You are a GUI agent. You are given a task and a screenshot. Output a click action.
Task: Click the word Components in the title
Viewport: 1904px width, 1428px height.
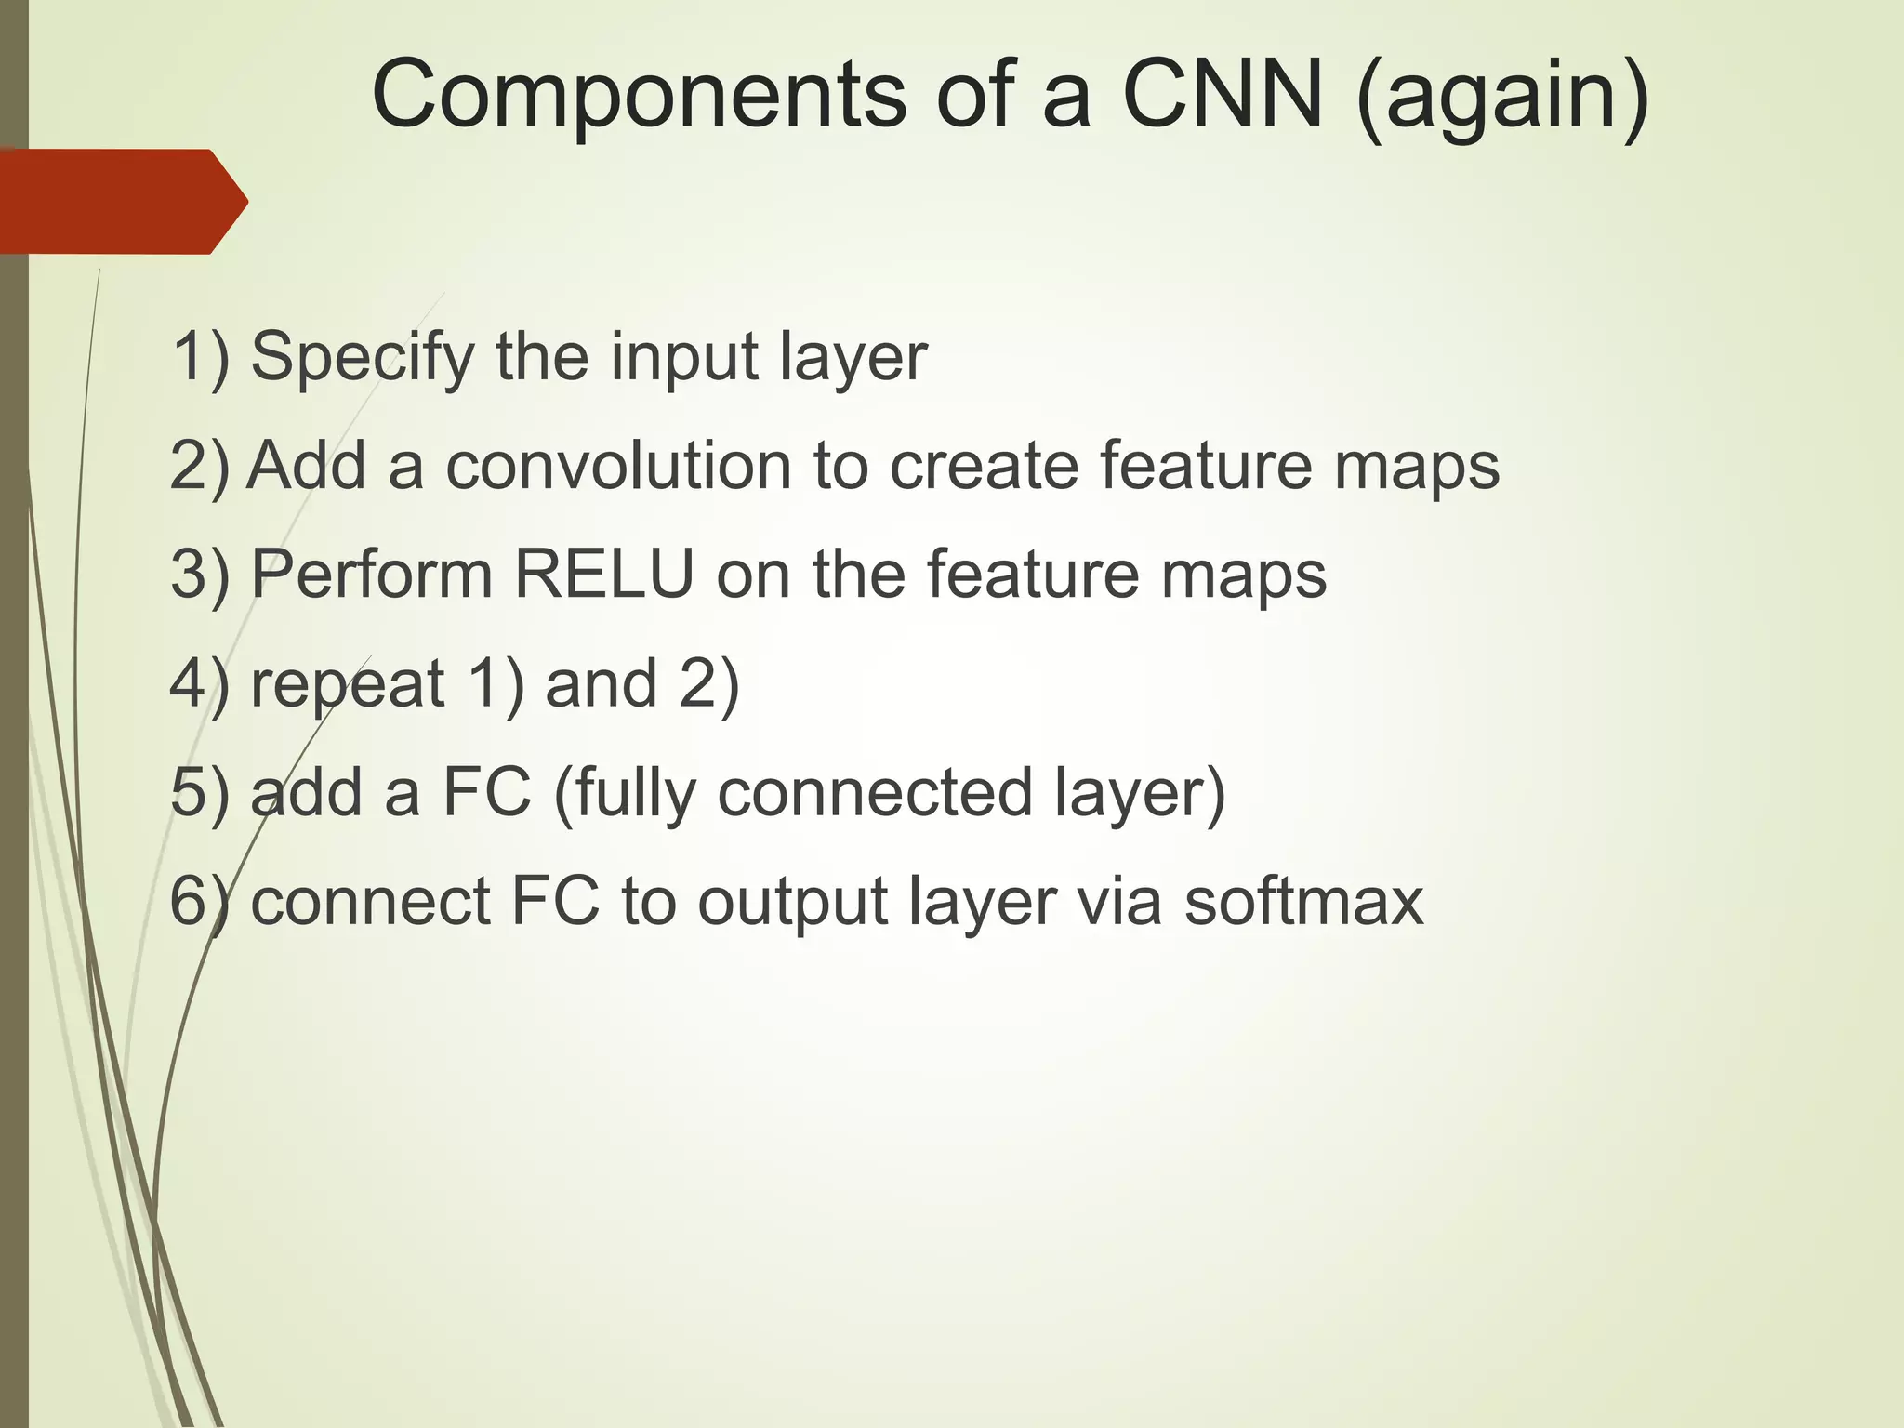[x=639, y=95]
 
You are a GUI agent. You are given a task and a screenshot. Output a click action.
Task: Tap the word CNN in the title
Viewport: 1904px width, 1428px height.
[x=1223, y=95]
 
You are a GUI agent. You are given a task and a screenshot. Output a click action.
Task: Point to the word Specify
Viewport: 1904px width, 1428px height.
[x=363, y=357]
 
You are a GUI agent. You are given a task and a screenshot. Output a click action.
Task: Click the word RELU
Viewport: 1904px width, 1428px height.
[x=604, y=574]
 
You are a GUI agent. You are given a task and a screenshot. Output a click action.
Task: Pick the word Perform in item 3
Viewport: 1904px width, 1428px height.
[x=372, y=574]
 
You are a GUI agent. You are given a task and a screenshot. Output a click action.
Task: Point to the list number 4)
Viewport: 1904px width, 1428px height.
[x=199, y=684]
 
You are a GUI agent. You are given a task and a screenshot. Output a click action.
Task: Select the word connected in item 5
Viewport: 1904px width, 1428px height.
[x=875, y=793]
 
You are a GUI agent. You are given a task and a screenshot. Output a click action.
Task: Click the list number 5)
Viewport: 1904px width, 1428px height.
[x=199, y=793]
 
